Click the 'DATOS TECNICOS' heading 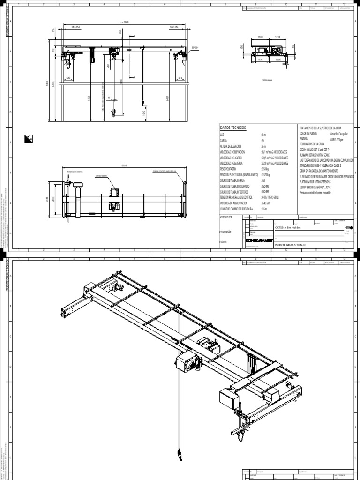[x=233, y=128]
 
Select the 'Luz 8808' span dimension [x=124, y=22]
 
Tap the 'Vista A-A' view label [x=268, y=80]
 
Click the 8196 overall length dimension [x=124, y=165]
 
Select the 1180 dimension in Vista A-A [x=260, y=36]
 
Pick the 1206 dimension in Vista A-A [x=277, y=60]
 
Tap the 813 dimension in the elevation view [x=180, y=78]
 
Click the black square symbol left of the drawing [x=28, y=138]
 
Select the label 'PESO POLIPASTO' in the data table [x=229, y=168]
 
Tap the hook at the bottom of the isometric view [x=179, y=454]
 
